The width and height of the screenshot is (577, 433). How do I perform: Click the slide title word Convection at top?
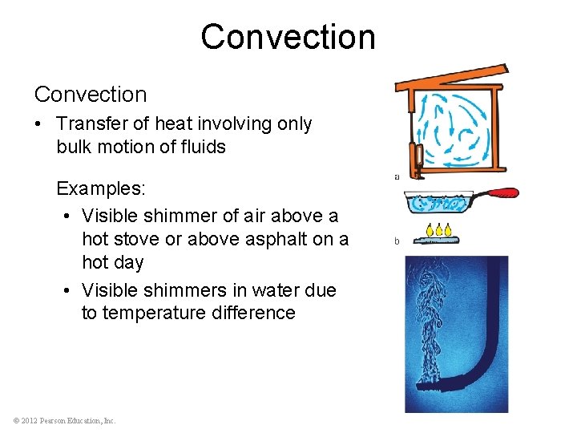288,37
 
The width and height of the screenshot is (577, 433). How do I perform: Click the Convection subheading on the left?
91,95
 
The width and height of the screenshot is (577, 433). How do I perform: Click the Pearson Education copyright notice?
65,420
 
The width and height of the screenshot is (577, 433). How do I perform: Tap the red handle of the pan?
496,193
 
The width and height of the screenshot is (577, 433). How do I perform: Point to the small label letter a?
397,177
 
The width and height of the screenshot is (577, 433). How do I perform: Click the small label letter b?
397,241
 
